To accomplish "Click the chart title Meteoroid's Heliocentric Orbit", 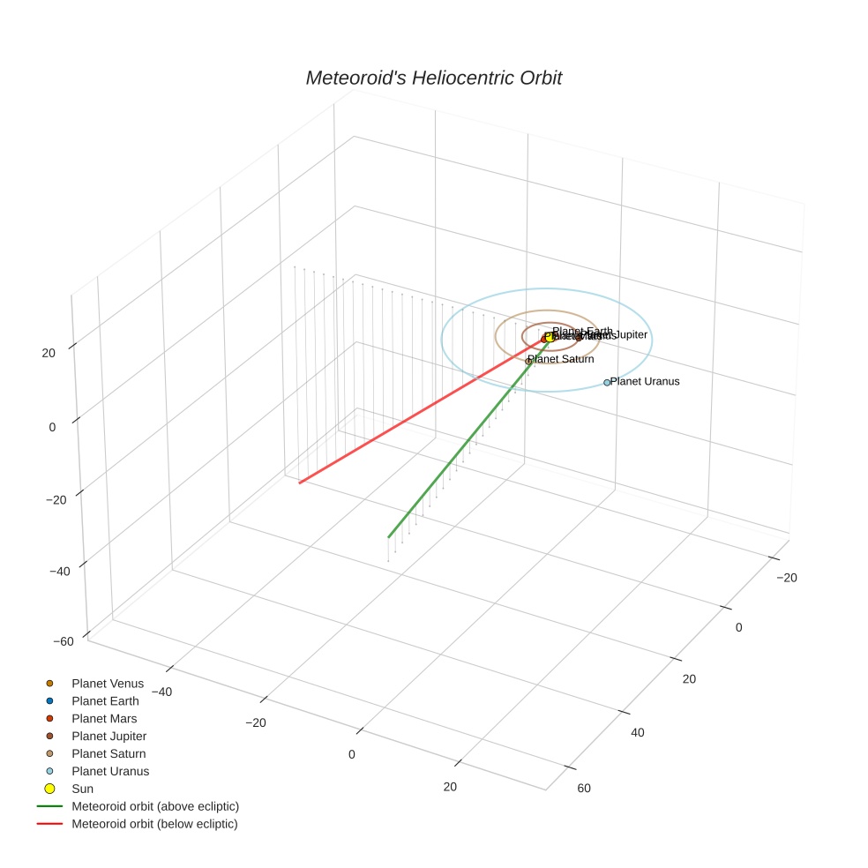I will pos(433,78).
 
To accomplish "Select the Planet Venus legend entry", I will pos(108,684).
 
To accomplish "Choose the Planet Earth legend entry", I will pos(105,701).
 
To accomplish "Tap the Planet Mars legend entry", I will pos(104,719).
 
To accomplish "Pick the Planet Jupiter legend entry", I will pos(108,737).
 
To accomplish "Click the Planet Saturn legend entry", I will pos(108,754).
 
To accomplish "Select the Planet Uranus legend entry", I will pos(110,772).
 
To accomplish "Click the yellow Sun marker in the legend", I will pos(50,789).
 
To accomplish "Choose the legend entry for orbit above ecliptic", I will pos(155,806).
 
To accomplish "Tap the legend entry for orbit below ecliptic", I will pos(154,824).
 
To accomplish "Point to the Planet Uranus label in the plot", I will pos(645,382).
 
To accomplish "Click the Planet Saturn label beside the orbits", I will pos(561,359).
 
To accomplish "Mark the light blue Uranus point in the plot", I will pos(607,383).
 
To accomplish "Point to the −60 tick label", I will pos(64,641).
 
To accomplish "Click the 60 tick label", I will pos(583,788).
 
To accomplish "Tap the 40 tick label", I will pos(637,732).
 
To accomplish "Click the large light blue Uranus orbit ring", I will pos(651,340).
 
